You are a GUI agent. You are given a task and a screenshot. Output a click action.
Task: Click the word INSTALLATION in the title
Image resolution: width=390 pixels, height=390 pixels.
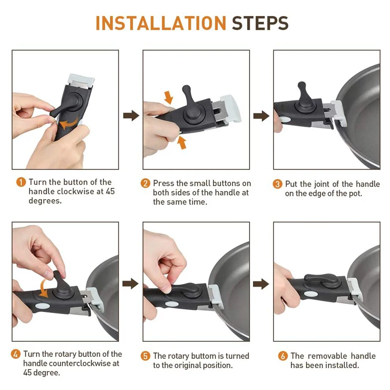[161, 23]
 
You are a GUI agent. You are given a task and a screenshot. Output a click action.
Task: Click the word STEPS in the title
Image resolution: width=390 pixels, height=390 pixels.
[260, 23]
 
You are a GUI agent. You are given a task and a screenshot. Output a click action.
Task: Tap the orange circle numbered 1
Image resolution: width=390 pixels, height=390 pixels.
[21, 182]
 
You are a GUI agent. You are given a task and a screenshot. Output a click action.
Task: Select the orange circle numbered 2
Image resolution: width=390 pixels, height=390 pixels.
[145, 184]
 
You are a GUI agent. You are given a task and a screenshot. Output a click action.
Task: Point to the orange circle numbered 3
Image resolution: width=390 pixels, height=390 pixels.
[277, 184]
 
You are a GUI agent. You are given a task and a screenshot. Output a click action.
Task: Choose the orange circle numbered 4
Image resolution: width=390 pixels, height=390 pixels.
[16, 354]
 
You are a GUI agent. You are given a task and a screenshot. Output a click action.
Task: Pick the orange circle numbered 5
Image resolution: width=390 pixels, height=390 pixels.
[145, 356]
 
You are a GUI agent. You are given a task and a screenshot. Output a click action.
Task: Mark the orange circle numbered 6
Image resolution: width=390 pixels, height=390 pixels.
[283, 356]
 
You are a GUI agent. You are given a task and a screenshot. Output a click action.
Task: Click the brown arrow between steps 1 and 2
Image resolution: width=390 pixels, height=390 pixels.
[131, 116]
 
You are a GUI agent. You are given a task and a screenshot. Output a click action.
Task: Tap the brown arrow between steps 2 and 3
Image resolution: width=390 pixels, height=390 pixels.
[261, 116]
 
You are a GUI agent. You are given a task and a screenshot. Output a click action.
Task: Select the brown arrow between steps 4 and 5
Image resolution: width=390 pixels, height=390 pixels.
[130, 284]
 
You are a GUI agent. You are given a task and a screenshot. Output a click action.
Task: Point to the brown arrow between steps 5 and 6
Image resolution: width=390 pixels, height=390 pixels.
[261, 284]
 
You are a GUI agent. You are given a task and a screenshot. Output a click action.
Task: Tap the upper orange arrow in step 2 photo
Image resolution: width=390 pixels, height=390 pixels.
[168, 97]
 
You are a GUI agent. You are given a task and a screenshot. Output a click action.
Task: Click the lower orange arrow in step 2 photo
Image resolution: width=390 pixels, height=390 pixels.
[182, 143]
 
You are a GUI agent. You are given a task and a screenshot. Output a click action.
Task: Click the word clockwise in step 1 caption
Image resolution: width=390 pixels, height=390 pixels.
[76, 192]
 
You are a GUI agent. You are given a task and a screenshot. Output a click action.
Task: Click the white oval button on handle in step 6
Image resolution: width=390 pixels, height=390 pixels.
[311, 294]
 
